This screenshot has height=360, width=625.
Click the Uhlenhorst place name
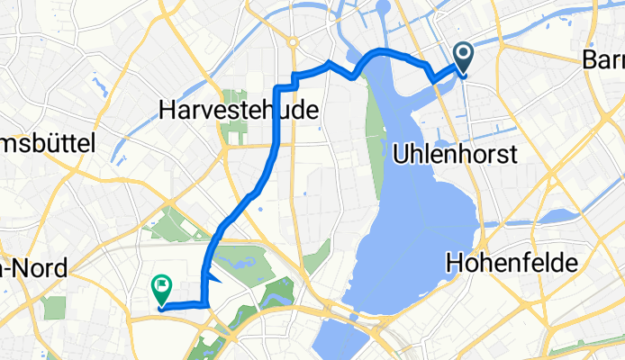[x=455, y=155]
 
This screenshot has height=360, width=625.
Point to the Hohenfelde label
[x=505, y=262]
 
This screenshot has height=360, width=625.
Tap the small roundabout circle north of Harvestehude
[x=294, y=41]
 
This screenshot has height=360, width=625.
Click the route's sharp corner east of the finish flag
[x=209, y=306]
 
